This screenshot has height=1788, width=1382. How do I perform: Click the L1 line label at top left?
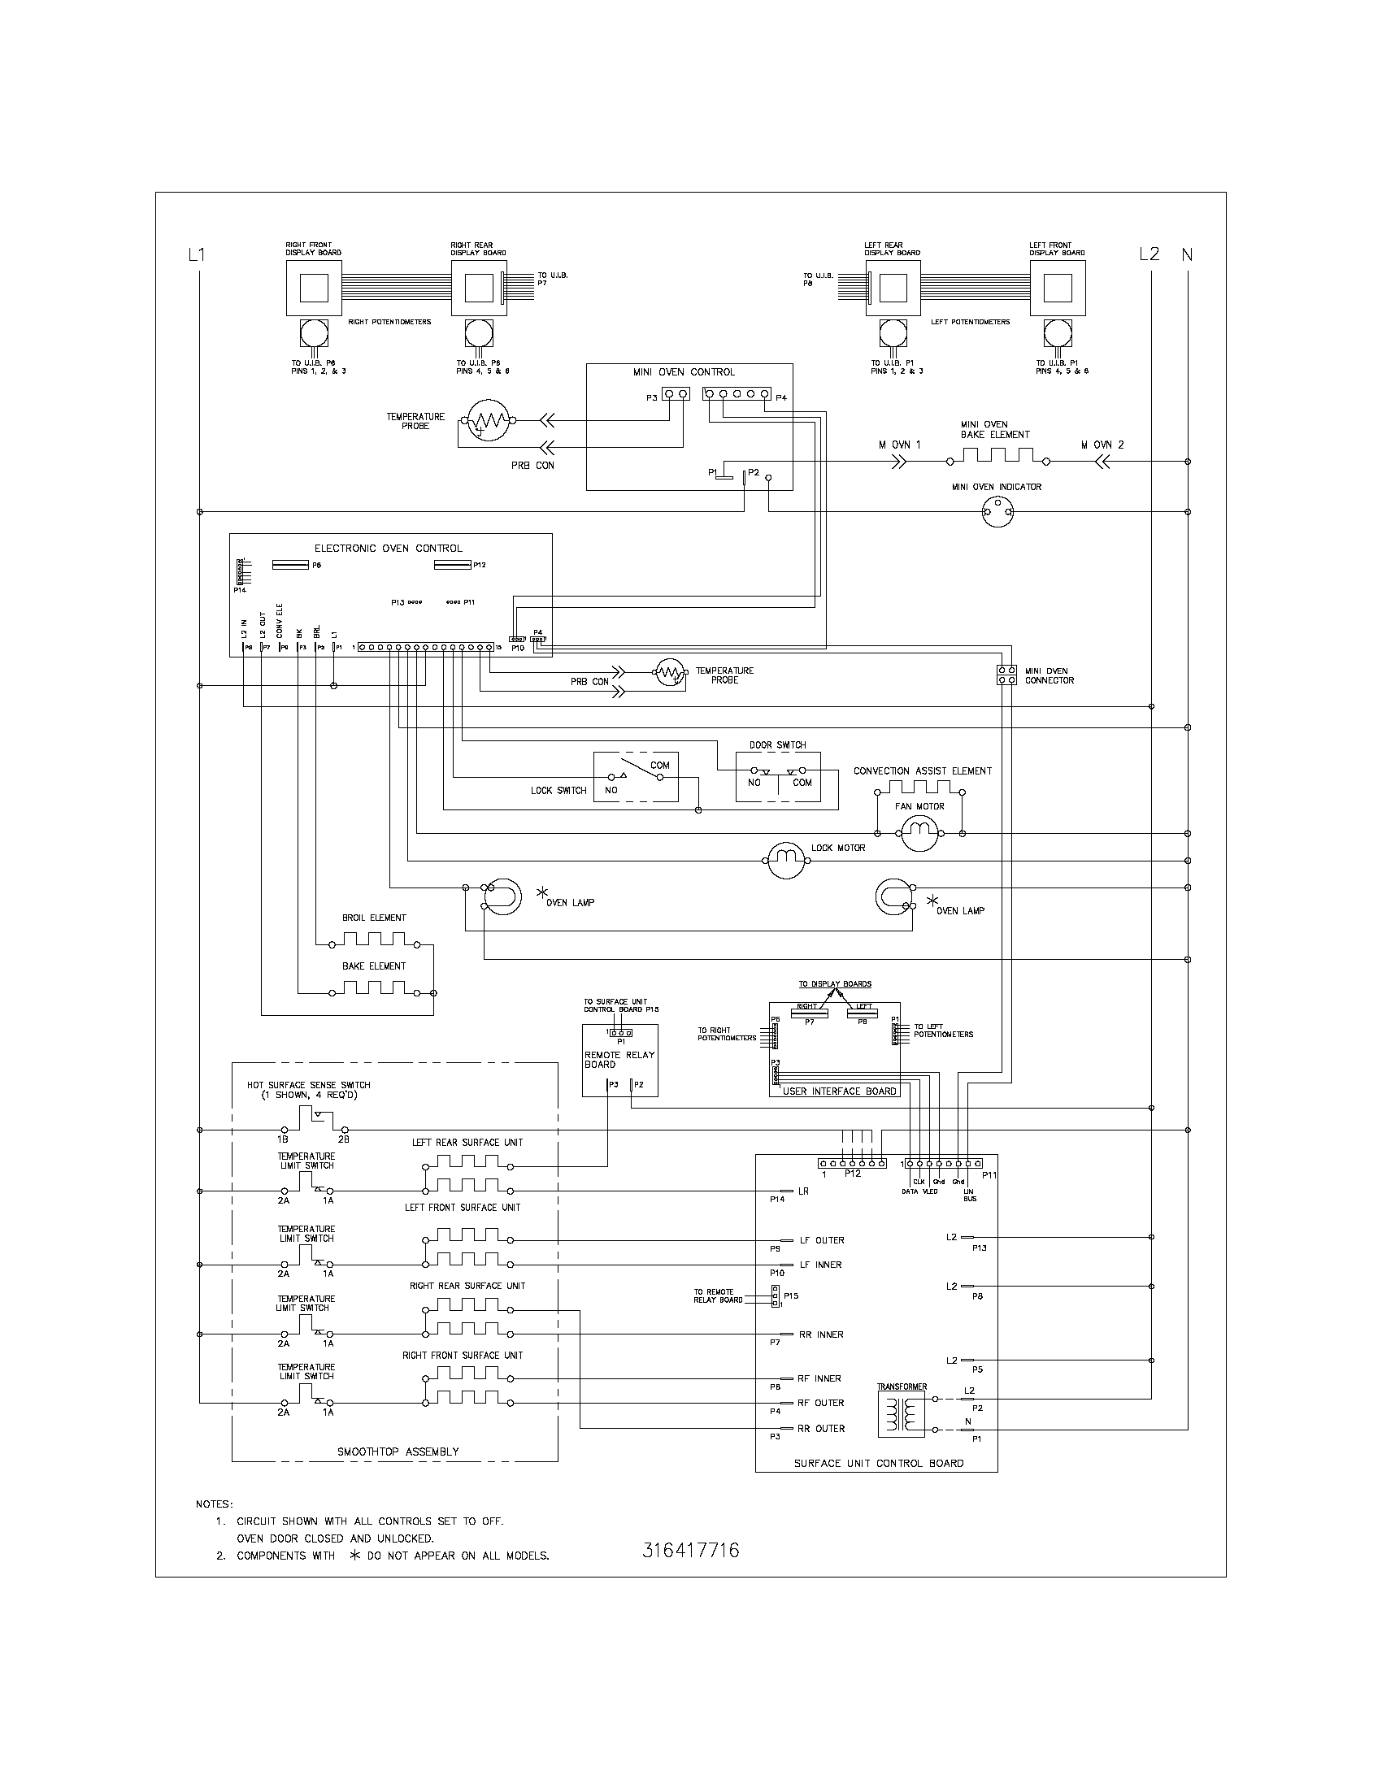pyautogui.click(x=197, y=254)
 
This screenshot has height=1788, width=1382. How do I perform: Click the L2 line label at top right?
pyautogui.click(x=1149, y=254)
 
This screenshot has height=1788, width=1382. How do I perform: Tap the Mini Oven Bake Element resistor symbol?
pyautogui.click(x=998, y=456)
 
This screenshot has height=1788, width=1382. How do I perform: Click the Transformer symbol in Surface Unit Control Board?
pyautogui.click(x=901, y=1414)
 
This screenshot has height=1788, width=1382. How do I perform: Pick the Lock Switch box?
pyautogui.click(x=636, y=777)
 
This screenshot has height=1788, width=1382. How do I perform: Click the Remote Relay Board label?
pyautogui.click(x=619, y=1059)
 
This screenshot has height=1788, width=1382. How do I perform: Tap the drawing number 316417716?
pyautogui.click(x=691, y=1550)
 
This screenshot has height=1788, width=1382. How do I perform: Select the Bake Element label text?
pyautogui.click(x=374, y=966)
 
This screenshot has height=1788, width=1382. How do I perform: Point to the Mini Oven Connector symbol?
pyautogui.click(x=1007, y=675)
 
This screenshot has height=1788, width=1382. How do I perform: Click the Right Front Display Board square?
pyautogui.click(x=314, y=288)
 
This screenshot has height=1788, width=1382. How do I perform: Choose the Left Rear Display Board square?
pyautogui.click(x=893, y=288)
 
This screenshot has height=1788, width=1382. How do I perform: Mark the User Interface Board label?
pyautogui.click(x=839, y=1091)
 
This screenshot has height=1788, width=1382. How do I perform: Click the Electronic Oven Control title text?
pyautogui.click(x=388, y=549)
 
